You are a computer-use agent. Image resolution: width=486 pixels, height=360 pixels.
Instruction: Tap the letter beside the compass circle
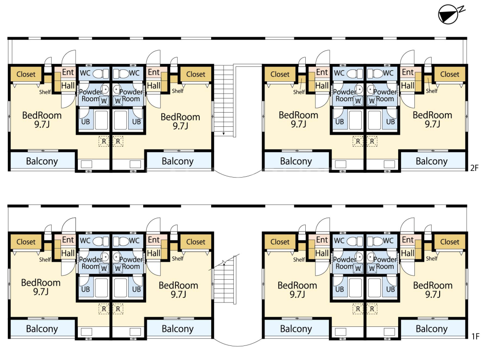(x=462, y=9)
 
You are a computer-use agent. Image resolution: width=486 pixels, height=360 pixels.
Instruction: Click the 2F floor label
(x=474, y=168)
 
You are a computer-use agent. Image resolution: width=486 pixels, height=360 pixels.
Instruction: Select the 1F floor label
(x=475, y=336)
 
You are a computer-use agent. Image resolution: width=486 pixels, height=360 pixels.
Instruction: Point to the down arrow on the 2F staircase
(x=224, y=133)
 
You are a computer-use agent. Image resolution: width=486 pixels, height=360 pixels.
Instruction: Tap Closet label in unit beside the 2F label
(x=449, y=74)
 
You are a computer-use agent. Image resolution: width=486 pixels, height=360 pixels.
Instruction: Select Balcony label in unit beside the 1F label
(x=432, y=329)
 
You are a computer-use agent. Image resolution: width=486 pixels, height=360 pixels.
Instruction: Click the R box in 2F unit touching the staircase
(x=118, y=141)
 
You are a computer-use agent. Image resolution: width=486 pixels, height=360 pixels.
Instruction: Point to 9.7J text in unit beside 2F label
(x=433, y=124)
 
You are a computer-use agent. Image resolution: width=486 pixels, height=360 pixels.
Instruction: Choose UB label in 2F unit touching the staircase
(x=137, y=122)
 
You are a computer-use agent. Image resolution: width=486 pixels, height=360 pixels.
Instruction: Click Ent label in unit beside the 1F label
(x=408, y=239)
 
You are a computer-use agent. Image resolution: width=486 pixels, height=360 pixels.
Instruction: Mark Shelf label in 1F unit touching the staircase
(x=178, y=258)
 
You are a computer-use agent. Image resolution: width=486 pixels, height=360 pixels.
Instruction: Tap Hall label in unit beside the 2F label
(x=408, y=86)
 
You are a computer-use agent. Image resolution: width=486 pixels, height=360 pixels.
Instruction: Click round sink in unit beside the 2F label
(x=371, y=90)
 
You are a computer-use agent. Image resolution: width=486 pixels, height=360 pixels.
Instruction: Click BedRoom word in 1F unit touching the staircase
(x=178, y=285)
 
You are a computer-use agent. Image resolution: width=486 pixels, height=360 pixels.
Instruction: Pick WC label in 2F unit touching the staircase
(x=134, y=73)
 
